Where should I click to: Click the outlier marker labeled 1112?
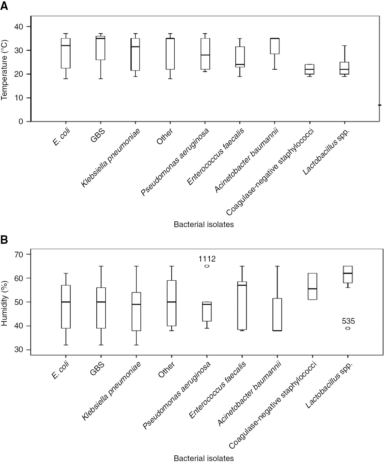pyautogui.click(x=207, y=266)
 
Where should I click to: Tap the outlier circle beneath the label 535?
pyautogui.click(x=348, y=328)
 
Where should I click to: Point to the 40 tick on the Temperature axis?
pyautogui.click(x=21, y=26)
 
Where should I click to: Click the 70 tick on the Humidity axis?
pyautogui.click(x=21, y=254)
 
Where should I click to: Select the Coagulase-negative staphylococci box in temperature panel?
pyautogui.click(x=309, y=69)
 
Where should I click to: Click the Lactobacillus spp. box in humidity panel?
pyautogui.click(x=348, y=274)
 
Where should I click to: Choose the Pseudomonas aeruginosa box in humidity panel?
pyautogui.click(x=207, y=311)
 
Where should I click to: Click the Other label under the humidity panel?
pyautogui.click(x=166, y=370)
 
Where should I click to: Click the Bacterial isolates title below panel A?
pyautogui.click(x=204, y=224)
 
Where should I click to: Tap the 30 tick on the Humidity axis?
pyautogui.click(x=21, y=350)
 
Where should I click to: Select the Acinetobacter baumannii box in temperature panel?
pyautogui.click(x=275, y=46)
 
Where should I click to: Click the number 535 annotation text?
pyautogui.click(x=348, y=321)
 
